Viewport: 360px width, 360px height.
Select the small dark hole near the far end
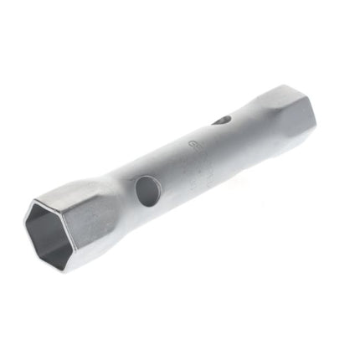[220, 121]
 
